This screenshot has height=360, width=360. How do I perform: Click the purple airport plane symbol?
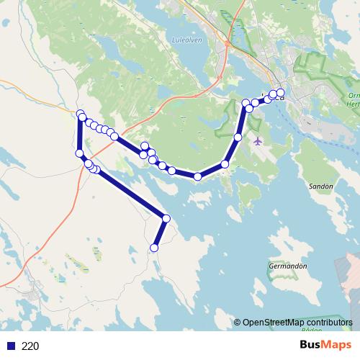coord(258,140)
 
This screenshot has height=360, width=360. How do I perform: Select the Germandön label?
coord(288,266)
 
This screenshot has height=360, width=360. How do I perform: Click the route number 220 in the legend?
coord(30,346)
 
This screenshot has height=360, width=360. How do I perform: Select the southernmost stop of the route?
coord(153,248)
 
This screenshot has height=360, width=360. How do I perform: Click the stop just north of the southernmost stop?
coord(166,218)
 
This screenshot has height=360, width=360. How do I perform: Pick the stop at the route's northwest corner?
coord(80,113)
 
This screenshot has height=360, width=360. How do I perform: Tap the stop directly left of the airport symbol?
coord(238,137)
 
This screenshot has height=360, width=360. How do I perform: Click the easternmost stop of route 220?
coord(280,92)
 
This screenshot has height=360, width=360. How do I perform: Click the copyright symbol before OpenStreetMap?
coord(237,322)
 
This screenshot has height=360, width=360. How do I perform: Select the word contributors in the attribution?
coord(328,322)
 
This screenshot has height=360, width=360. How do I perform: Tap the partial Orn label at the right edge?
coord(354,95)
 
